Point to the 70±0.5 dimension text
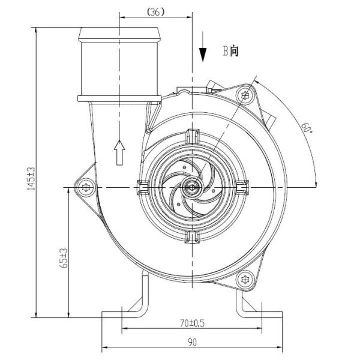coord(192,323)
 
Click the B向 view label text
coord(230,52)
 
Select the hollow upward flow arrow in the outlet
coord(119,152)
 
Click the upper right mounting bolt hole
coord(244,95)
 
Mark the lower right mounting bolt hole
coord(244,279)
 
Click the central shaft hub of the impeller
coord(192,188)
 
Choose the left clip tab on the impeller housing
coord(143,188)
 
